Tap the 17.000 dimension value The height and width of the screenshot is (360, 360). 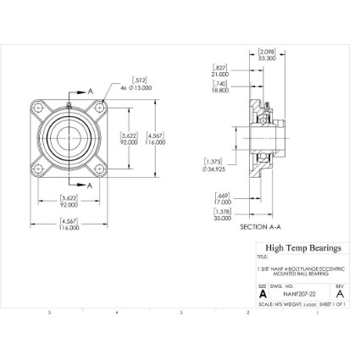(222, 201)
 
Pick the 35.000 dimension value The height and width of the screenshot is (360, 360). (222, 217)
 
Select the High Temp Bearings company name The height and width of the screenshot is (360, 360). (303, 248)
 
